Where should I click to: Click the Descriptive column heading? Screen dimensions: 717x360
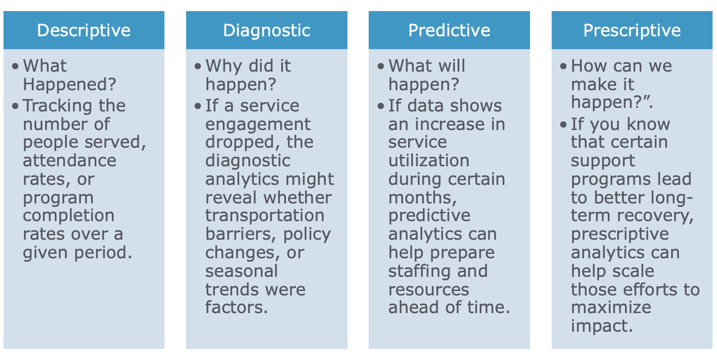pos(84,31)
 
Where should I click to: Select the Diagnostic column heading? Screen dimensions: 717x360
pos(267,31)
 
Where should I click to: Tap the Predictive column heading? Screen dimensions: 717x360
pos(449,31)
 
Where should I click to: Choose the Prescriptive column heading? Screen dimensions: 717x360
pos(632,31)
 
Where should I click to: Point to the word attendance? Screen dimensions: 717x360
pos(69,161)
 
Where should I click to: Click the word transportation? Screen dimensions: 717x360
pos(265,215)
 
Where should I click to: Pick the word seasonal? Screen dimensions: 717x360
pos(241,271)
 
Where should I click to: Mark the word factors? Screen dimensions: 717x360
pos(236,307)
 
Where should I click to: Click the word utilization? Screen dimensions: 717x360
pos(429,161)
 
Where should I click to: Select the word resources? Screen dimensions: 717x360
pos(429,290)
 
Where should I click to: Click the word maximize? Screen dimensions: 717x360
pos(611,307)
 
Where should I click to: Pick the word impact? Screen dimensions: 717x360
pos(602,326)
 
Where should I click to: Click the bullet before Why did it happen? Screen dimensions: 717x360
pos(198,66)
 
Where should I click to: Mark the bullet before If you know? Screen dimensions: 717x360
pos(563,125)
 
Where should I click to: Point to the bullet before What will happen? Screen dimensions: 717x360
pos(381,66)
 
